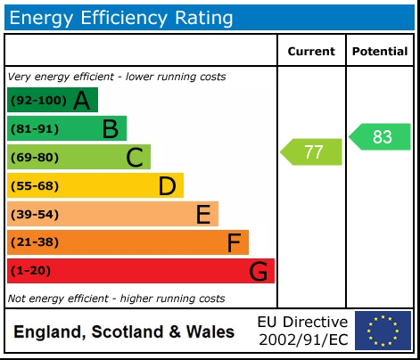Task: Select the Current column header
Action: point(311,52)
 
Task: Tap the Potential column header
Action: point(380,52)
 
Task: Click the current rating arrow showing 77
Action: point(312,151)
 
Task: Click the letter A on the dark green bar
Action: point(81,101)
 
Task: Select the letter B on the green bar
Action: point(110,129)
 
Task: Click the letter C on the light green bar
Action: point(135,158)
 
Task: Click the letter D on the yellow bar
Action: point(167,186)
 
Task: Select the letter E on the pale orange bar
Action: point(203,215)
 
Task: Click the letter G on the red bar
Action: point(259,271)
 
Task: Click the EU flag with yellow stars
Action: point(383,331)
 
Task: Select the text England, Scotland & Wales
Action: point(124,332)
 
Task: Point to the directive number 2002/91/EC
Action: point(303,340)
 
